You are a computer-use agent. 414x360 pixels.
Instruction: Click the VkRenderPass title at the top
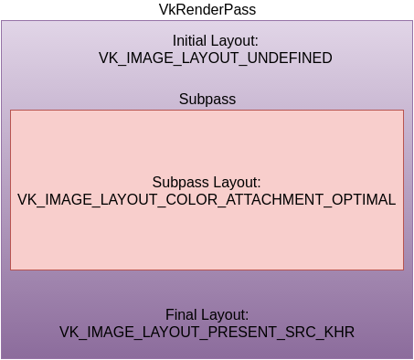(207, 9)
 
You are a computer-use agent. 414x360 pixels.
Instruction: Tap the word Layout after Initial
(237, 41)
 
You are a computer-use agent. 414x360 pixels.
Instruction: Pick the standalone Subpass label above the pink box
(207, 99)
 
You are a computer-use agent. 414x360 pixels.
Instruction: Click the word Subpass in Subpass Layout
(179, 183)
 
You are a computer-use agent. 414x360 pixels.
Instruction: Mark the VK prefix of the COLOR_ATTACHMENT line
(27, 199)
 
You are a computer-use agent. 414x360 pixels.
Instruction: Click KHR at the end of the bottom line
(338, 331)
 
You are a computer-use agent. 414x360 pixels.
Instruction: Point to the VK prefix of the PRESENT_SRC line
(69, 331)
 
